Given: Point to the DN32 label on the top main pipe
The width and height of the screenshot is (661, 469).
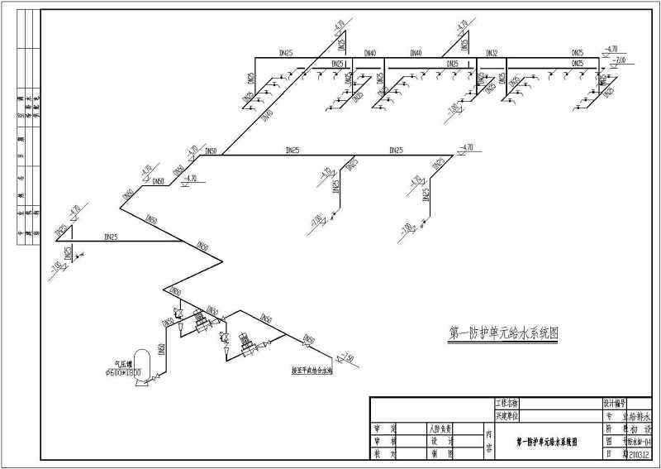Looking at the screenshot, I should click(x=492, y=54).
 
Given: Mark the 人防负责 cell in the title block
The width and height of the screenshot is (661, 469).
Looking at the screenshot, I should click(x=437, y=429).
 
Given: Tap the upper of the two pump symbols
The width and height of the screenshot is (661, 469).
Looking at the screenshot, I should click(x=199, y=318).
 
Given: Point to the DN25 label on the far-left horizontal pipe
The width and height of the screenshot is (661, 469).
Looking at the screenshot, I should click(x=111, y=237).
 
